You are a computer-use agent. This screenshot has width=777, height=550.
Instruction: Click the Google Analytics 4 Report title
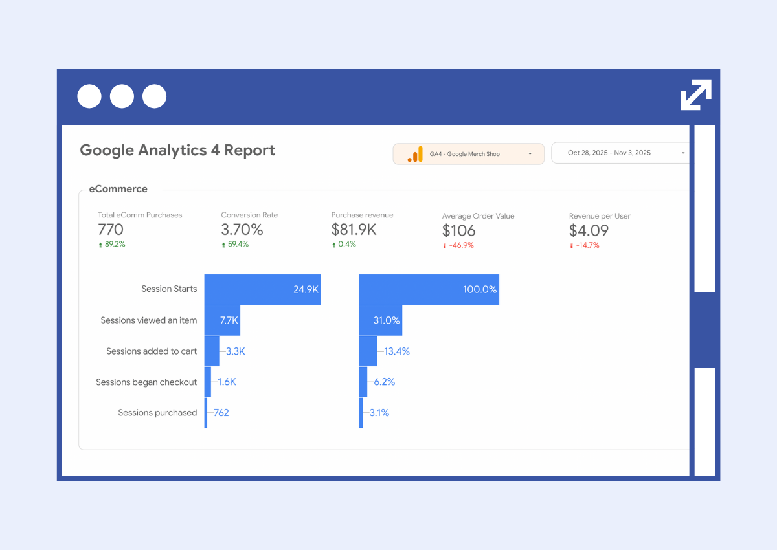(177, 151)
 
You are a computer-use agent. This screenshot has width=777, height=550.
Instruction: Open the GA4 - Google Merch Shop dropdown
(468, 154)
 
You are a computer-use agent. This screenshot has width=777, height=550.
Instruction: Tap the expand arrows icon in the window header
(696, 95)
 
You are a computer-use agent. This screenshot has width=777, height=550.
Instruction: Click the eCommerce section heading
(118, 189)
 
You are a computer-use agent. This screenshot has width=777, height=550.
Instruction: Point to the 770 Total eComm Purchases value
(111, 230)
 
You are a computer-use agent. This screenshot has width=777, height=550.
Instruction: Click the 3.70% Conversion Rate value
(242, 230)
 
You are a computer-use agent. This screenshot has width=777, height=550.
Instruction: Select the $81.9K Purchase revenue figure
(354, 230)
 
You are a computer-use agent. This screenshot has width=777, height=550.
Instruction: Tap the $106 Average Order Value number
(458, 231)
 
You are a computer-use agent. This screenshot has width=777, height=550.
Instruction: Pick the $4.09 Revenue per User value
(589, 231)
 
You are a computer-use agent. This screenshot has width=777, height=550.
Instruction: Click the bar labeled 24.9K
(262, 289)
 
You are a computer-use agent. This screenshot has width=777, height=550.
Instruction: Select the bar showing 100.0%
(429, 289)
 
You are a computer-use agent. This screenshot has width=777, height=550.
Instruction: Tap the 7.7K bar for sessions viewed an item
(222, 320)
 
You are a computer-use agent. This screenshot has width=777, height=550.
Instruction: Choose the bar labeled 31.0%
(380, 320)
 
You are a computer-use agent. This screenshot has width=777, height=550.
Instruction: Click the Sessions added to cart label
(152, 351)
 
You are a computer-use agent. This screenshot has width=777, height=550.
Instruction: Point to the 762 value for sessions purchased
(221, 413)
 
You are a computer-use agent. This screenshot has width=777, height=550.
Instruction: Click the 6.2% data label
(384, 382)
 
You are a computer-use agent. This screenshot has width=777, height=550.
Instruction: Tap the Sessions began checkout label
(146, 382)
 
